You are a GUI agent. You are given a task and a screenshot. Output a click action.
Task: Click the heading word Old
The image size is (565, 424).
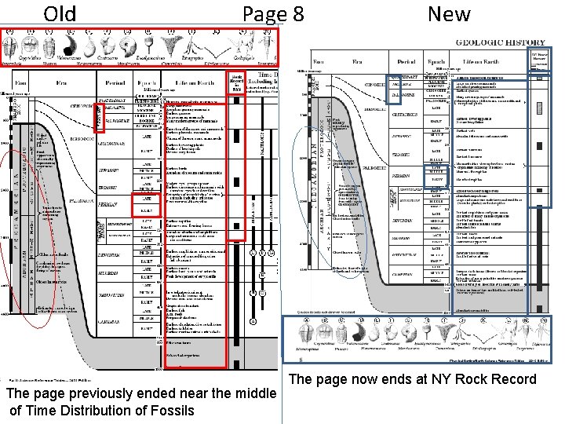[x=60, y=14]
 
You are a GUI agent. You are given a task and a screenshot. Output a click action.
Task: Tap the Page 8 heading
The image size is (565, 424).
[x=273, y=14]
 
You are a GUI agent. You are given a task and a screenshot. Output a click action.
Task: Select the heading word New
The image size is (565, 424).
[x=449, y=14]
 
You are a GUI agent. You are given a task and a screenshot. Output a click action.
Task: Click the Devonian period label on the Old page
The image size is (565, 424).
[x=115, y=256]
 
